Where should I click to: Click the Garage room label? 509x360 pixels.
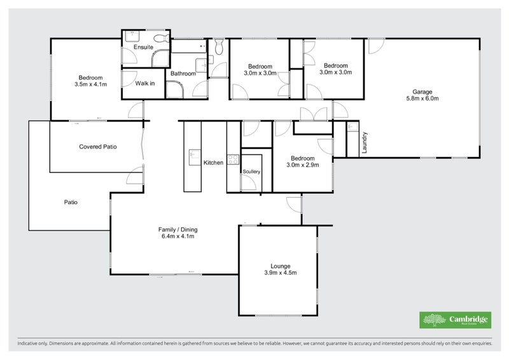point(422,91)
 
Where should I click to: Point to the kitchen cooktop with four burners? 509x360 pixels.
point(233,160)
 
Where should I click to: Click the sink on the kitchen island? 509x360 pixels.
point(192,154)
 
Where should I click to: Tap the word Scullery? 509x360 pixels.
point(251,171)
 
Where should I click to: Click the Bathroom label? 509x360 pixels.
point(183,74)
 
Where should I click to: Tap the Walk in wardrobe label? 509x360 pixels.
point(145,83)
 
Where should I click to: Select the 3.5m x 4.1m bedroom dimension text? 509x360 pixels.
point(90,84)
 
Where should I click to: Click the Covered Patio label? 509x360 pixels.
point(97,146)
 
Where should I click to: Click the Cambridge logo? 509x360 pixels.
point(454,320)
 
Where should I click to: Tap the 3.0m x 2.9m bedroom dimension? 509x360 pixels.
point(302,165)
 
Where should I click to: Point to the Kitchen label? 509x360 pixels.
point(213,163)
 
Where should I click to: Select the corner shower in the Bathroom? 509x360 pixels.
point(174,89)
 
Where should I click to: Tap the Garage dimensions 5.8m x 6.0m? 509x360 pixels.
point(422,99)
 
